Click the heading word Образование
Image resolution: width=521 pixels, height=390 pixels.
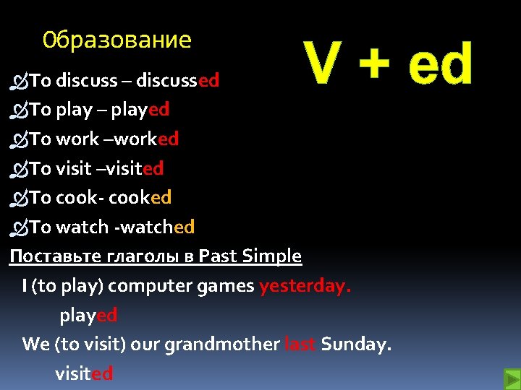pyautogui.click(x=117, y=40)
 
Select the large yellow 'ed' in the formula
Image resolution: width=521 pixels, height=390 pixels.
pyautogui.click(x=440, y=64)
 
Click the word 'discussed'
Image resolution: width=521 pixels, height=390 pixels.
pyautogui.click(x=177, y=80)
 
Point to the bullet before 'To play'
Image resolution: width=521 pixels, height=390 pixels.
pyautogui.click(x=19, y=110)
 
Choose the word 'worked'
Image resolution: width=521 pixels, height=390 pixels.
pyautogui.click(x=148, y=139)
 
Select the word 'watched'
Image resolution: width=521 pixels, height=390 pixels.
pyautogui.click(x=157, y=227)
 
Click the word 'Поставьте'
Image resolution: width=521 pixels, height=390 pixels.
pyautogui.click(x=46, y=256)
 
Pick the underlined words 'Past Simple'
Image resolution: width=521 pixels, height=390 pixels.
pyautogui.click(x=250, y=256)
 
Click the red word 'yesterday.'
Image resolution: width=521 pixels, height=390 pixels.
pyautogui.click(x=305, y=286)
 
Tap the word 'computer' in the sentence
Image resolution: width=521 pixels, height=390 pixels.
pyautogui.click(x=143, y=286)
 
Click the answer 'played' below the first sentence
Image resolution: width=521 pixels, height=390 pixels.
pyautogui.click(x=88, y=316)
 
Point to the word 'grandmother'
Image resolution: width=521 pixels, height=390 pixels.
pyautogui.click(x=221, y=344)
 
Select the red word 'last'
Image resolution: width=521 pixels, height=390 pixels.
pyautogui.click(x=300, y=344)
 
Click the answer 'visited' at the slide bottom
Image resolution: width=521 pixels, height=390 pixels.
pyautogui.click(x=84, y=373)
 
